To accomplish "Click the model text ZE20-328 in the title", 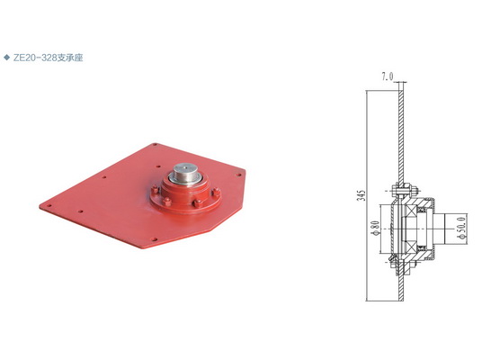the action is tap(35, 58).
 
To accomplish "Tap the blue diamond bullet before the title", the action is tap(6, 58).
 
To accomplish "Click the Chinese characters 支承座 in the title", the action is tap(70, 58).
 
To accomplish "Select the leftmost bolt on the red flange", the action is tap(155, 189).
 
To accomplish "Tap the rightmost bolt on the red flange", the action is tap(216, 192).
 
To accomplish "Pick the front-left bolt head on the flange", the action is tap(167, 202).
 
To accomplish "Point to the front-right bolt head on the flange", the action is tap(197, 203).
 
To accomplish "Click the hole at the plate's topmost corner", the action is tap(155, 144).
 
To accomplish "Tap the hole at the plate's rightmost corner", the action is tap(238, 175).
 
